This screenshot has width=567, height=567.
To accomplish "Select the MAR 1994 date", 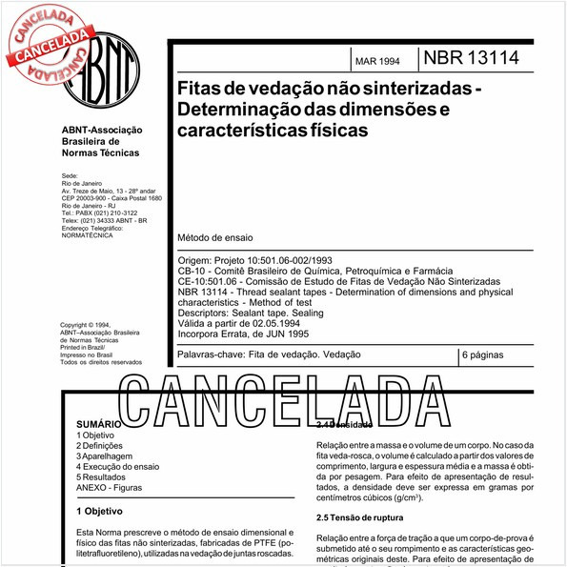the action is click(x=377, y=62).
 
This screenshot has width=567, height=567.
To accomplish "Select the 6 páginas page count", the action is click(x=485, y=354).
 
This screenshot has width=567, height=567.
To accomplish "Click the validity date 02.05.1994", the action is click(x=284, y=323).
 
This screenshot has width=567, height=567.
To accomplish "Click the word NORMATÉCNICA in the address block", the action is click(x=87, y=234).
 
